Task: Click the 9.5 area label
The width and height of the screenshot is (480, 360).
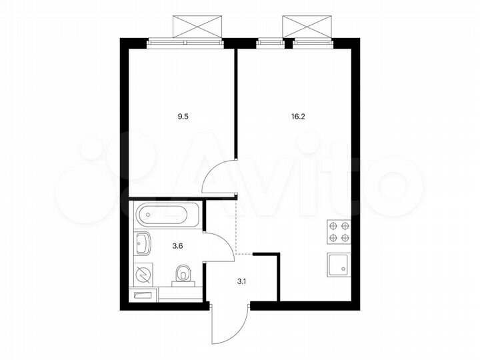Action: [181, 115]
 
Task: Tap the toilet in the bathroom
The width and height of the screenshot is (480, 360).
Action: [183, 274]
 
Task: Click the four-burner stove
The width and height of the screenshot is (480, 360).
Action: [339, 232]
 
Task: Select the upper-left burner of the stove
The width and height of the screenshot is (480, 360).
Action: [333, 226]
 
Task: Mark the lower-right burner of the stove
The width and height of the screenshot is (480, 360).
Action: [345, 238]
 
